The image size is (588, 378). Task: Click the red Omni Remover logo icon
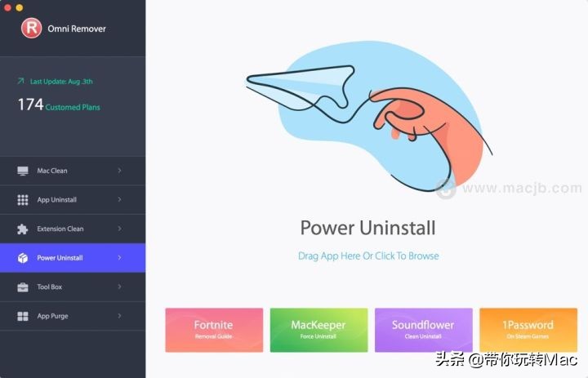pyautogui.click(x=31, y=29)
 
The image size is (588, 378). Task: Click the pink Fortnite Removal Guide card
pyautogui.click(x=214, y=330)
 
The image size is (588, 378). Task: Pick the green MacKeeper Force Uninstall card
pyautogui.click(x=318, y=330)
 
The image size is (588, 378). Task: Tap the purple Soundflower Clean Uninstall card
pyautogui.click(x=423, y=330)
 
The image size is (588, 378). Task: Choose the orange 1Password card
pyautogui.click(x=528, y=330)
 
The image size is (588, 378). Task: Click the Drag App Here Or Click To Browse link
pyautogui.click(x=368, y=256)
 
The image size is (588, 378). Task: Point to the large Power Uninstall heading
pyautogui.click(x=367, y=228)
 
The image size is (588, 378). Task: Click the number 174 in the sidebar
pyautogui.click(x=29, y=105)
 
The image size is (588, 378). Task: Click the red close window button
pyautogui.click(x=7, y=7)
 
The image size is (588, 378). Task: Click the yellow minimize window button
pyautogui.click(x=20, y=7)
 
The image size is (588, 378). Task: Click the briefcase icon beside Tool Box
pyautogui.click(x=22, y=287)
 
